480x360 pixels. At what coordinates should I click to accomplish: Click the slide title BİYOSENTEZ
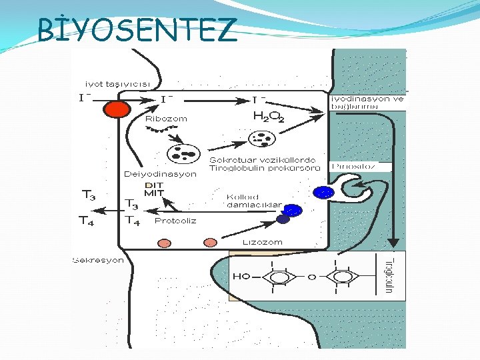(x=137, y=29)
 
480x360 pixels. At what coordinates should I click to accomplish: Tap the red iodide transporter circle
(x=118, y=109)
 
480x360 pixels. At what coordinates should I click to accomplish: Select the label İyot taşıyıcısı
(x=117, y=84)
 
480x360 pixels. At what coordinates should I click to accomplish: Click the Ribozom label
(x=166, y=119)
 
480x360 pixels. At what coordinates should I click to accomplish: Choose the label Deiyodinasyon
(x=160, y=173)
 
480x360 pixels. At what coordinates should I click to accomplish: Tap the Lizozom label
(x=262, y=242)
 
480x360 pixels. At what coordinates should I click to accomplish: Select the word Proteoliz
(x=175, y=220)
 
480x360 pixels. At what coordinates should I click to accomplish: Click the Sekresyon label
(x=98, y=260)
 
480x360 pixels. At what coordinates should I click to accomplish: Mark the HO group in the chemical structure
(x=241, y=275)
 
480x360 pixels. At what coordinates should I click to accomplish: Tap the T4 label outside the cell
(x=87, y=220)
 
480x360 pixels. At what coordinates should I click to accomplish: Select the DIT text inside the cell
(x=153, y=185)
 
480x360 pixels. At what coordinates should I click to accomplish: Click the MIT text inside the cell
(x=154, y=193)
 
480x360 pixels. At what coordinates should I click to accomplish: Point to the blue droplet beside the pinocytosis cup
(x=323, y=193)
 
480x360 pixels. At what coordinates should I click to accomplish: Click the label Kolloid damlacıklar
(x=254, y=201)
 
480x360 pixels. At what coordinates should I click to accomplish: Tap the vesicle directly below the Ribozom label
(x=181, y=153)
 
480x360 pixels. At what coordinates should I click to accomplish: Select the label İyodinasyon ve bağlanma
(x=367, y=102)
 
